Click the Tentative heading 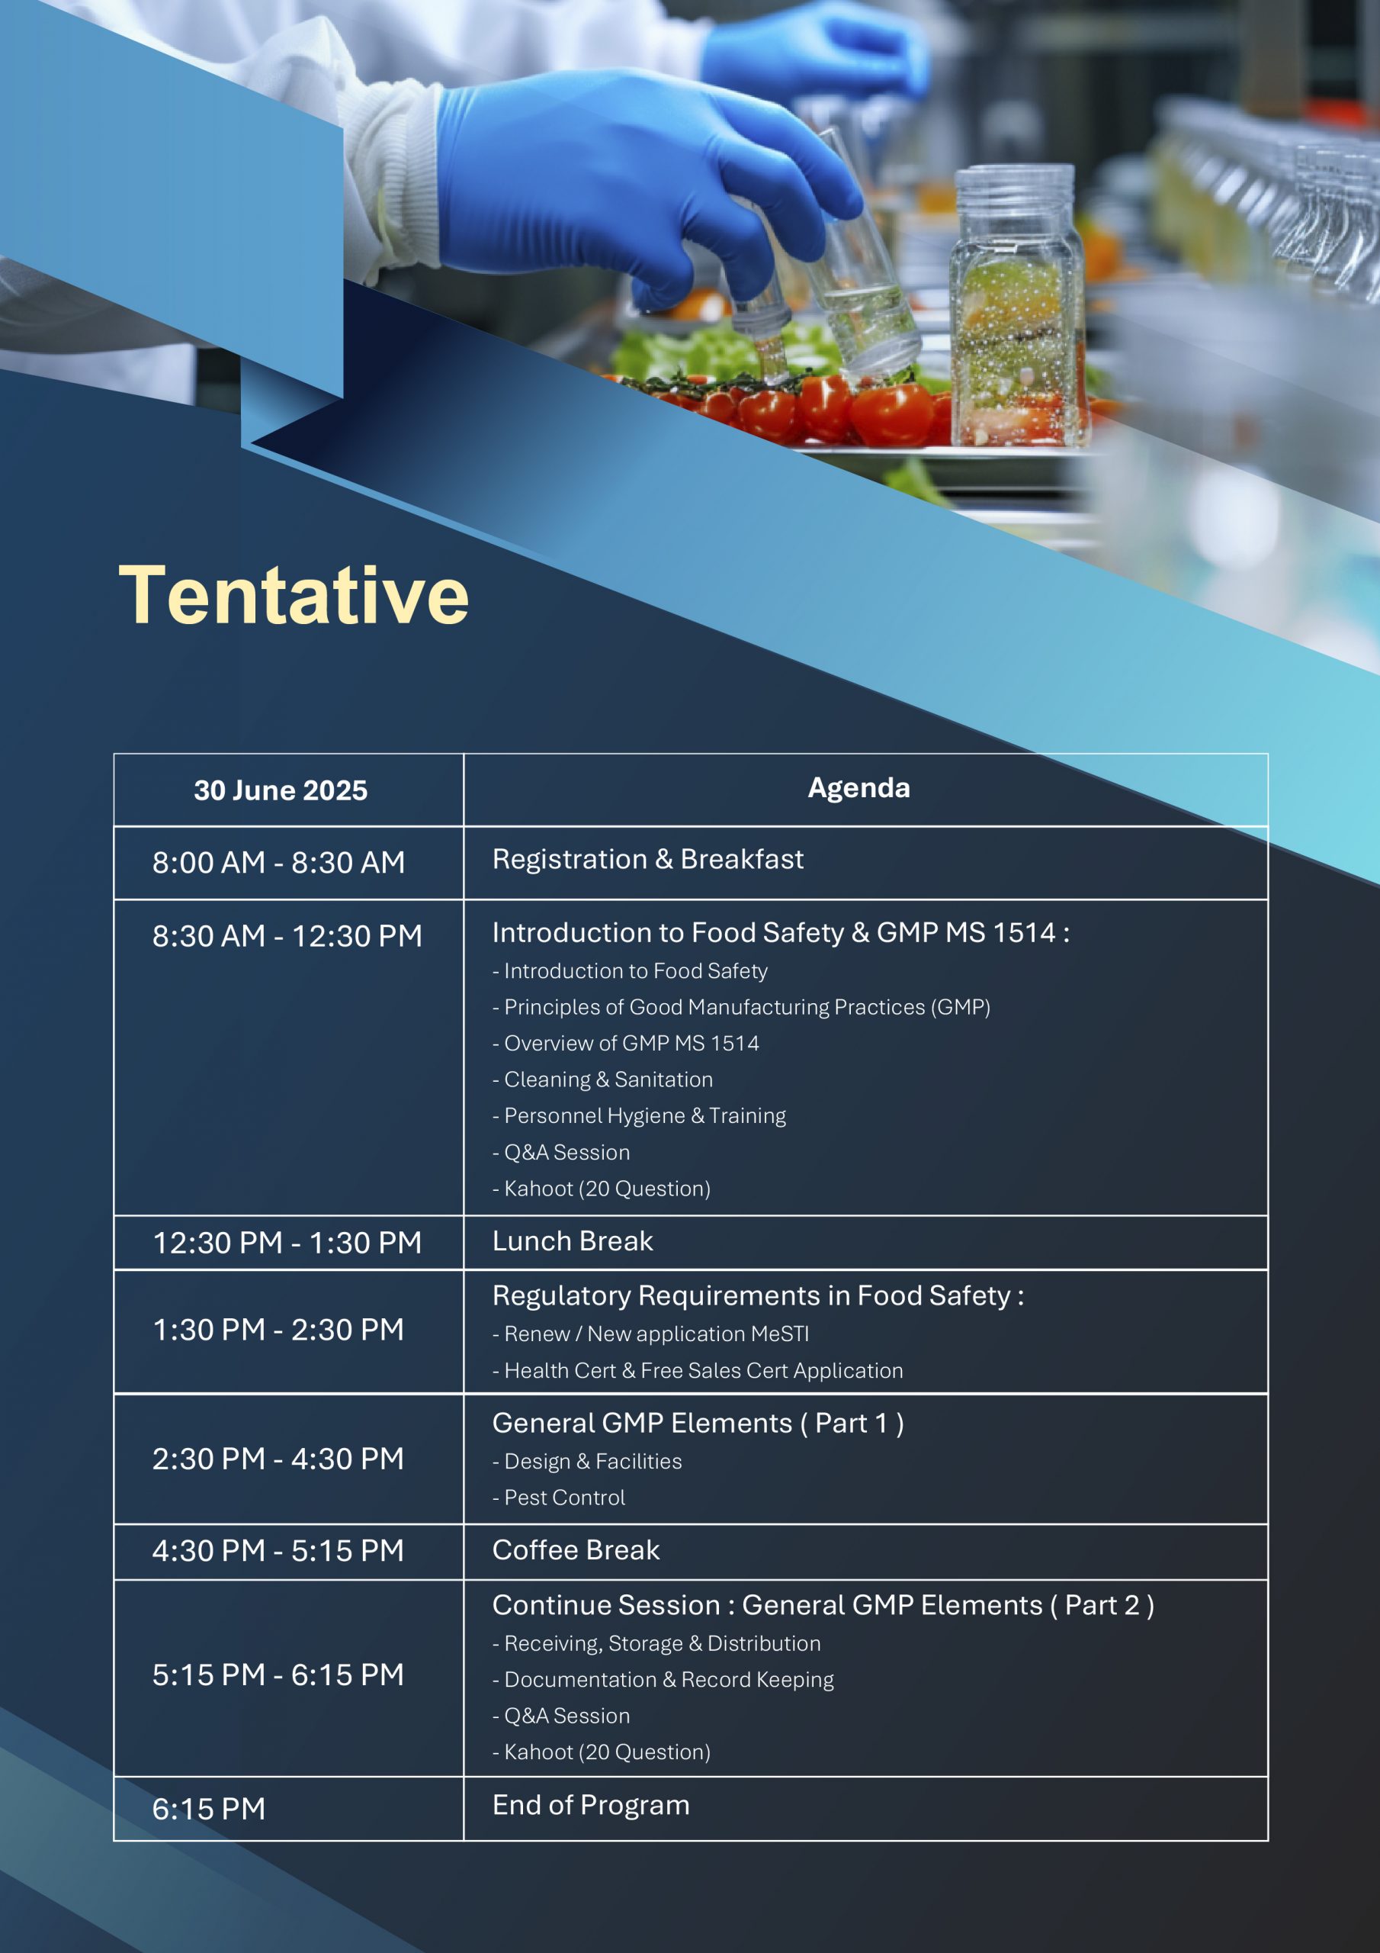click(294, 595)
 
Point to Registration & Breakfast click(648, 859)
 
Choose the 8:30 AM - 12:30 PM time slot click(287, 935)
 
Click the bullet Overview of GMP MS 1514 click(626, 1044)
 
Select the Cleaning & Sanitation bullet click(603, 1079)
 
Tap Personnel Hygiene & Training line click(640, 1116)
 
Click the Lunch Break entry click(573, 1241)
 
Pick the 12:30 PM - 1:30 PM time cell click(287, 1243)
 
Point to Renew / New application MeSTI click(651, 1334)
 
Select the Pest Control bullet click(559, 1497)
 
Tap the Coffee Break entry click(576, 1549)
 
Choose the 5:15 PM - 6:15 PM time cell click(278, 1675)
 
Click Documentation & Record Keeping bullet click(663, 1679)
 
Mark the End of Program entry click(591, 1804)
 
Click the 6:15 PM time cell click(209, 1808)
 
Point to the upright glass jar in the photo click(1017, 306)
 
